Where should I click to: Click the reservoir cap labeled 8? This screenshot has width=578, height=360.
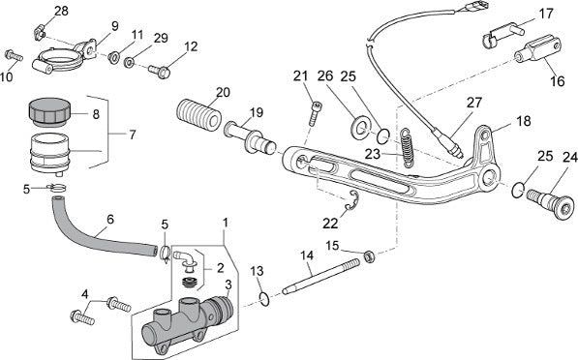coord(48,111)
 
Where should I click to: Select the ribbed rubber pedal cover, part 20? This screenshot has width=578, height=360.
coord(198,115)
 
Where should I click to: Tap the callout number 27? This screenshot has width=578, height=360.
coord(473,103)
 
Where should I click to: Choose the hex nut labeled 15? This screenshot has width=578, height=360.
coord(370,256)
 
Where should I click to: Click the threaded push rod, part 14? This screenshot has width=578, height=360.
coord(320,277)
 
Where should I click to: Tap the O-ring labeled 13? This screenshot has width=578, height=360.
coord(264,299)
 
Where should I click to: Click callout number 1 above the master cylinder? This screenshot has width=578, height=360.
coord(226,223)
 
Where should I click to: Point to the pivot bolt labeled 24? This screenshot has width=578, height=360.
coord(550,203)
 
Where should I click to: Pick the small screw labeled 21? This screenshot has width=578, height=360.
coord(314,114)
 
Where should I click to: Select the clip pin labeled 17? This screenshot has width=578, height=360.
coord(502,34)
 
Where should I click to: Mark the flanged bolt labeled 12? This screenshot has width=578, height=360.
coord(159,71)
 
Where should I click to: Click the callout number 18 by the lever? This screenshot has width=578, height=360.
coord(524,121)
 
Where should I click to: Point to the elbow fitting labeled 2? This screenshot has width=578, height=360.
coord(186,258)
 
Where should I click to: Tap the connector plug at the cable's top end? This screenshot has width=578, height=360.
coord(477,7)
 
